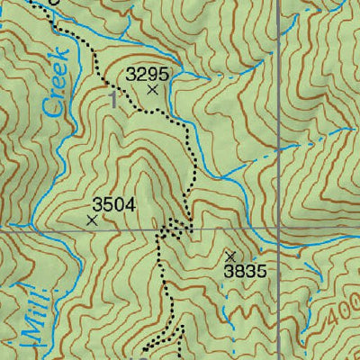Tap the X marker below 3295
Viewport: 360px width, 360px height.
pos(152,90)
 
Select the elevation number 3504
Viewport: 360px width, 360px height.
pos(113,205)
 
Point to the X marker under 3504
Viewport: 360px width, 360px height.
pos(92,219)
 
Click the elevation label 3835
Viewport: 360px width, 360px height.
pos(246,271)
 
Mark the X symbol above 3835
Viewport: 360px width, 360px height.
pos(230,256)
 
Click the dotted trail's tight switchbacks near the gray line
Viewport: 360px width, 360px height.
pos(176,227)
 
